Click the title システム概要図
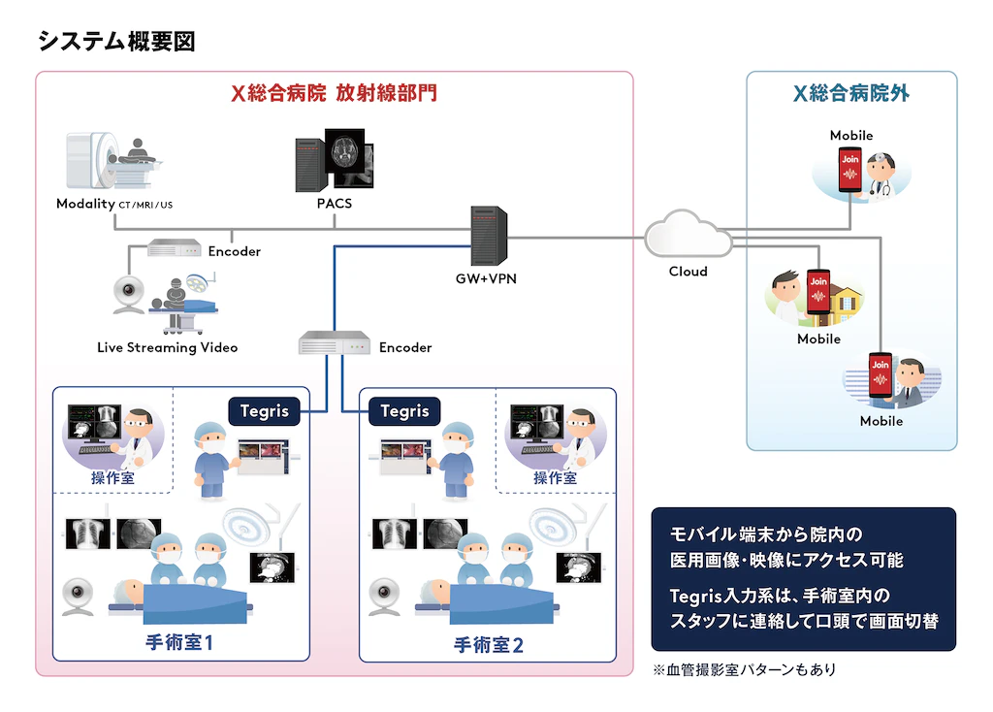[116, 42]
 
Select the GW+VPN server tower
[489, 236]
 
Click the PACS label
[335, 204]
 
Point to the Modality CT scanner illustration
[112, 161]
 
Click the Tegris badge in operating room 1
[264, 411]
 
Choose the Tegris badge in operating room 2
[404, 411]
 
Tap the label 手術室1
[179, 642]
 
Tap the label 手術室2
[489, 645]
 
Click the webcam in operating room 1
[78, 596]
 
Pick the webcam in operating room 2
[384, 596]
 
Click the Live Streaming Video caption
[167, 347]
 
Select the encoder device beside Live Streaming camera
[175, 247]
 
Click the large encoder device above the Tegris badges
[335, 342]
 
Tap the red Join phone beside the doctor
[849, 170]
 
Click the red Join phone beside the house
[818, 292]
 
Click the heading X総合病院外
[851, 94]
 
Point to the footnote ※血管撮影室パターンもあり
[744, 669]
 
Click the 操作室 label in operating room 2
[555, 477]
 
